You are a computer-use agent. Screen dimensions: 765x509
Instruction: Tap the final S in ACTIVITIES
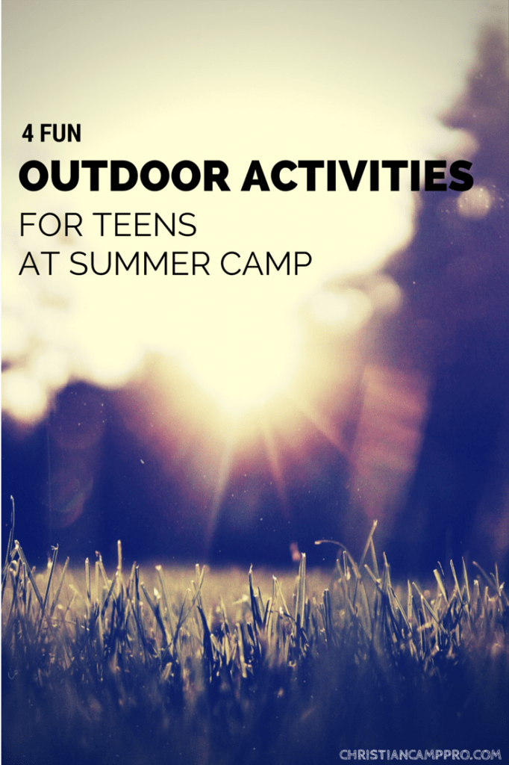tap(461, 177)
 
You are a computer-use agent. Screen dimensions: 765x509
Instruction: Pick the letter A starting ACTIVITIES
tap(257, 177)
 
